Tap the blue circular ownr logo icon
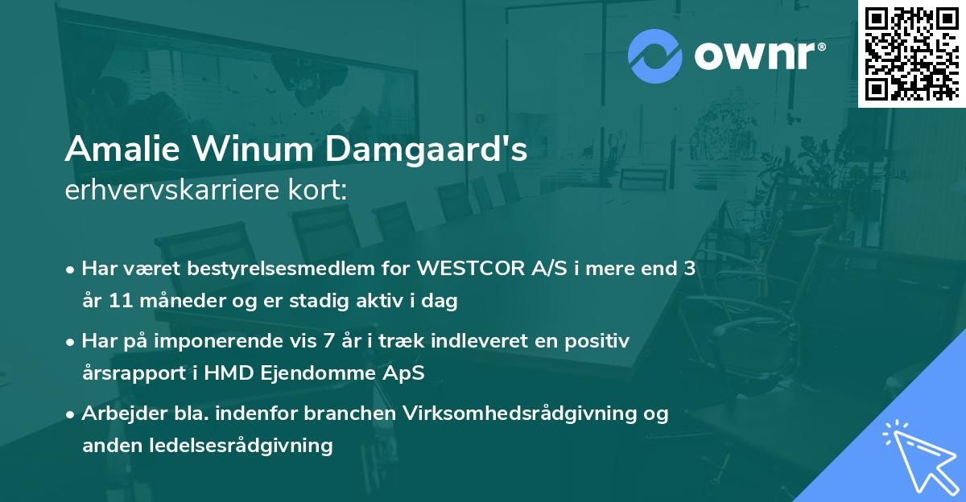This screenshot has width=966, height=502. click(655, 56)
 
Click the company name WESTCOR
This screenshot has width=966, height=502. click(460, 269)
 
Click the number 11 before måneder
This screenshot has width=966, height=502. click(116, 302)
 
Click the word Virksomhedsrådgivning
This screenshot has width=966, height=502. click(524, 414)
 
